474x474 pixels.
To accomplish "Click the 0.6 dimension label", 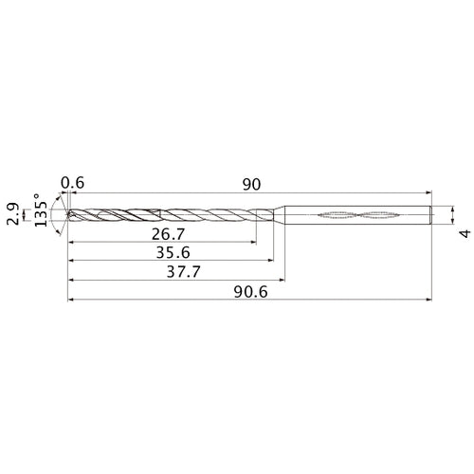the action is (73, 183).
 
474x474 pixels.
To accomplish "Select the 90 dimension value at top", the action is (252, 185).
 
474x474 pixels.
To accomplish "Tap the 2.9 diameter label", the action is (13, 214).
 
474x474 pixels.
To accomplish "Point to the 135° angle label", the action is (41, 210).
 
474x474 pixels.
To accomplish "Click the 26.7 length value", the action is (168, 234).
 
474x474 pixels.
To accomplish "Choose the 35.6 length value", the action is (173, 252).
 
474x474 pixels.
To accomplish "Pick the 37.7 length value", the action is (184, 271).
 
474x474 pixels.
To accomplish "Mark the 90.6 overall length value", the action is (251, 292).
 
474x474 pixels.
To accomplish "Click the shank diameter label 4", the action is (465, 234).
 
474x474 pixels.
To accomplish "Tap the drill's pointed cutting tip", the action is (67, 214).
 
